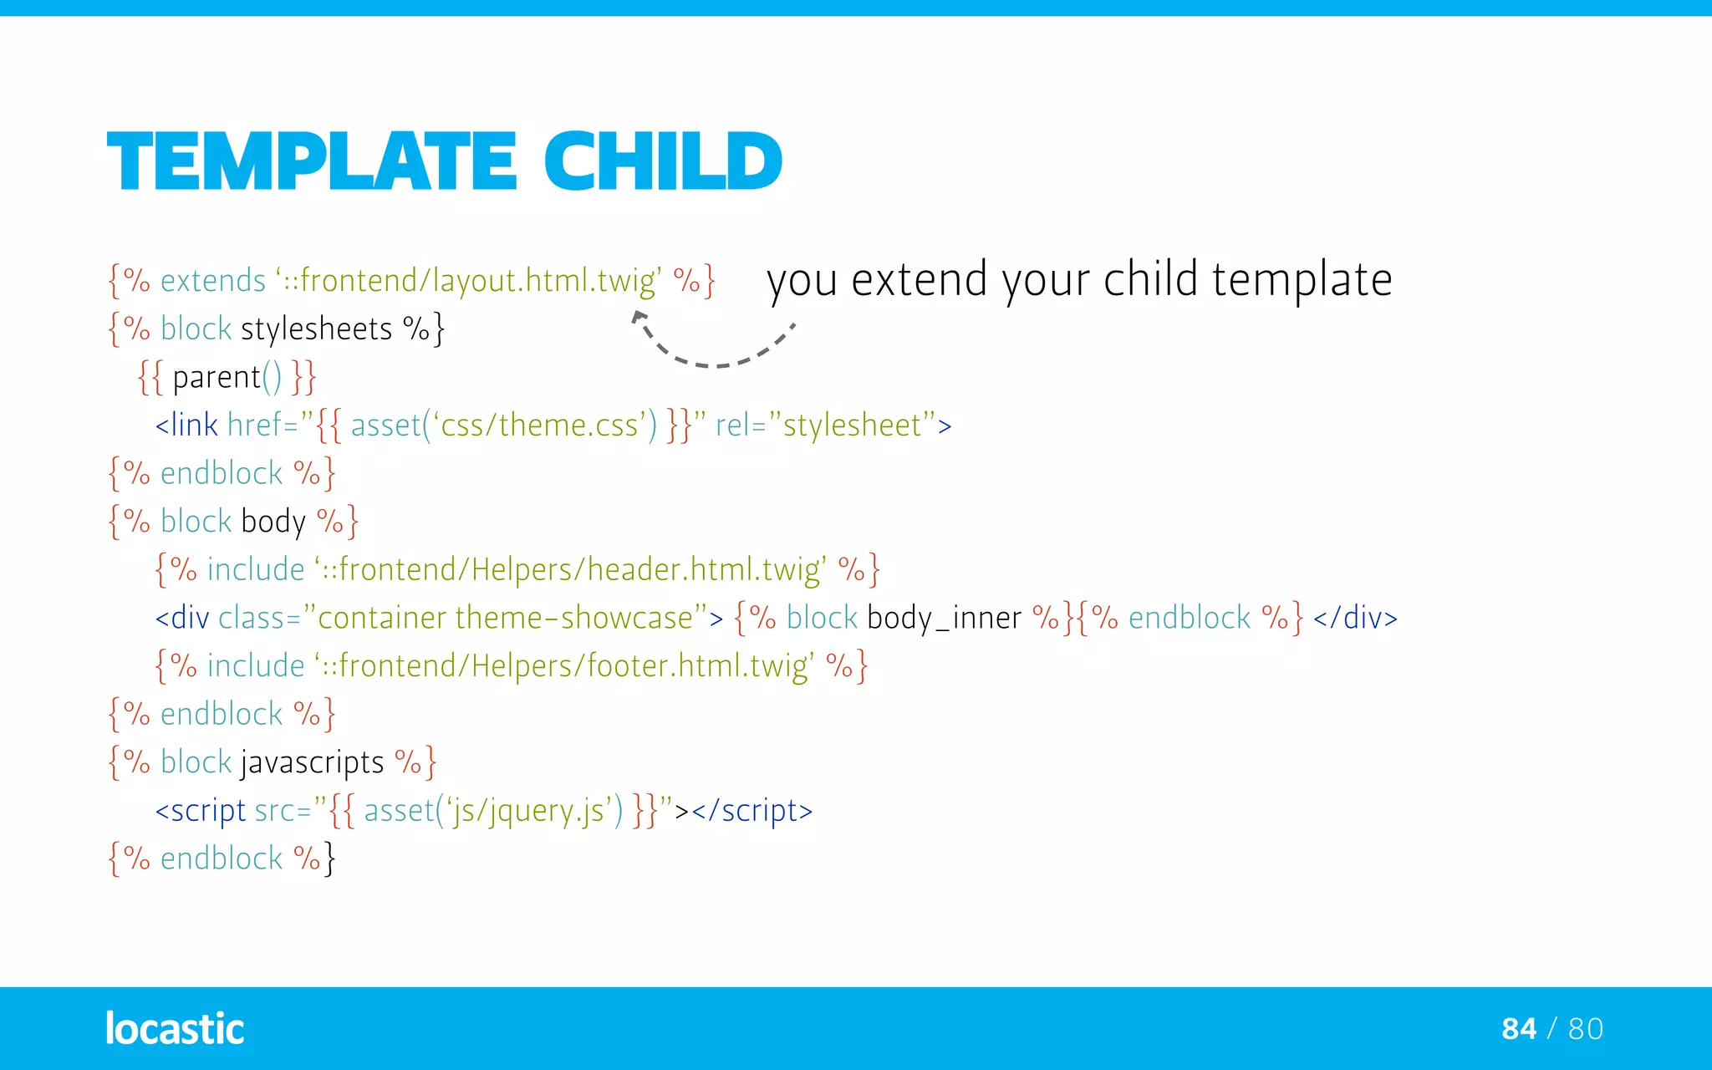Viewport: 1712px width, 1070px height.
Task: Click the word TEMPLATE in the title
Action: (x=311, y=160)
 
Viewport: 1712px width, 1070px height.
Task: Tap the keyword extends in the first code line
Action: (x=212, y=281)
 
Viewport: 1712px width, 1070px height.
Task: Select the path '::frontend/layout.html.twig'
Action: (x=468, y=281)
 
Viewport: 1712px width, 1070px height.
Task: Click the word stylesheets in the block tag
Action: (x=316, y=329)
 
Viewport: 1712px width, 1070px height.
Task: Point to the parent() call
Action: (x=226, y=378)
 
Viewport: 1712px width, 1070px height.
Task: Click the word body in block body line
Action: (x=273, y=522)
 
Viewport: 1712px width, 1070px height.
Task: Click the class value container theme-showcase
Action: (x=505, y=619)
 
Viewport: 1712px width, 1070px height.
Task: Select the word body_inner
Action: (x=944, y=619)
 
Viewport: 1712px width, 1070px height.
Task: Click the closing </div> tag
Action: (x=1354, y=619)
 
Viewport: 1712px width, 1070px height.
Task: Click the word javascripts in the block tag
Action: (x=312, y=762)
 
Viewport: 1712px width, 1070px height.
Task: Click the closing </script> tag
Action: (x=752, y=811)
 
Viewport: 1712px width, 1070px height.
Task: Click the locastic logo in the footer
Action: (x=175, y=1028)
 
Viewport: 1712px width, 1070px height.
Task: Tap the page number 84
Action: (x=1518, y=1029)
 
